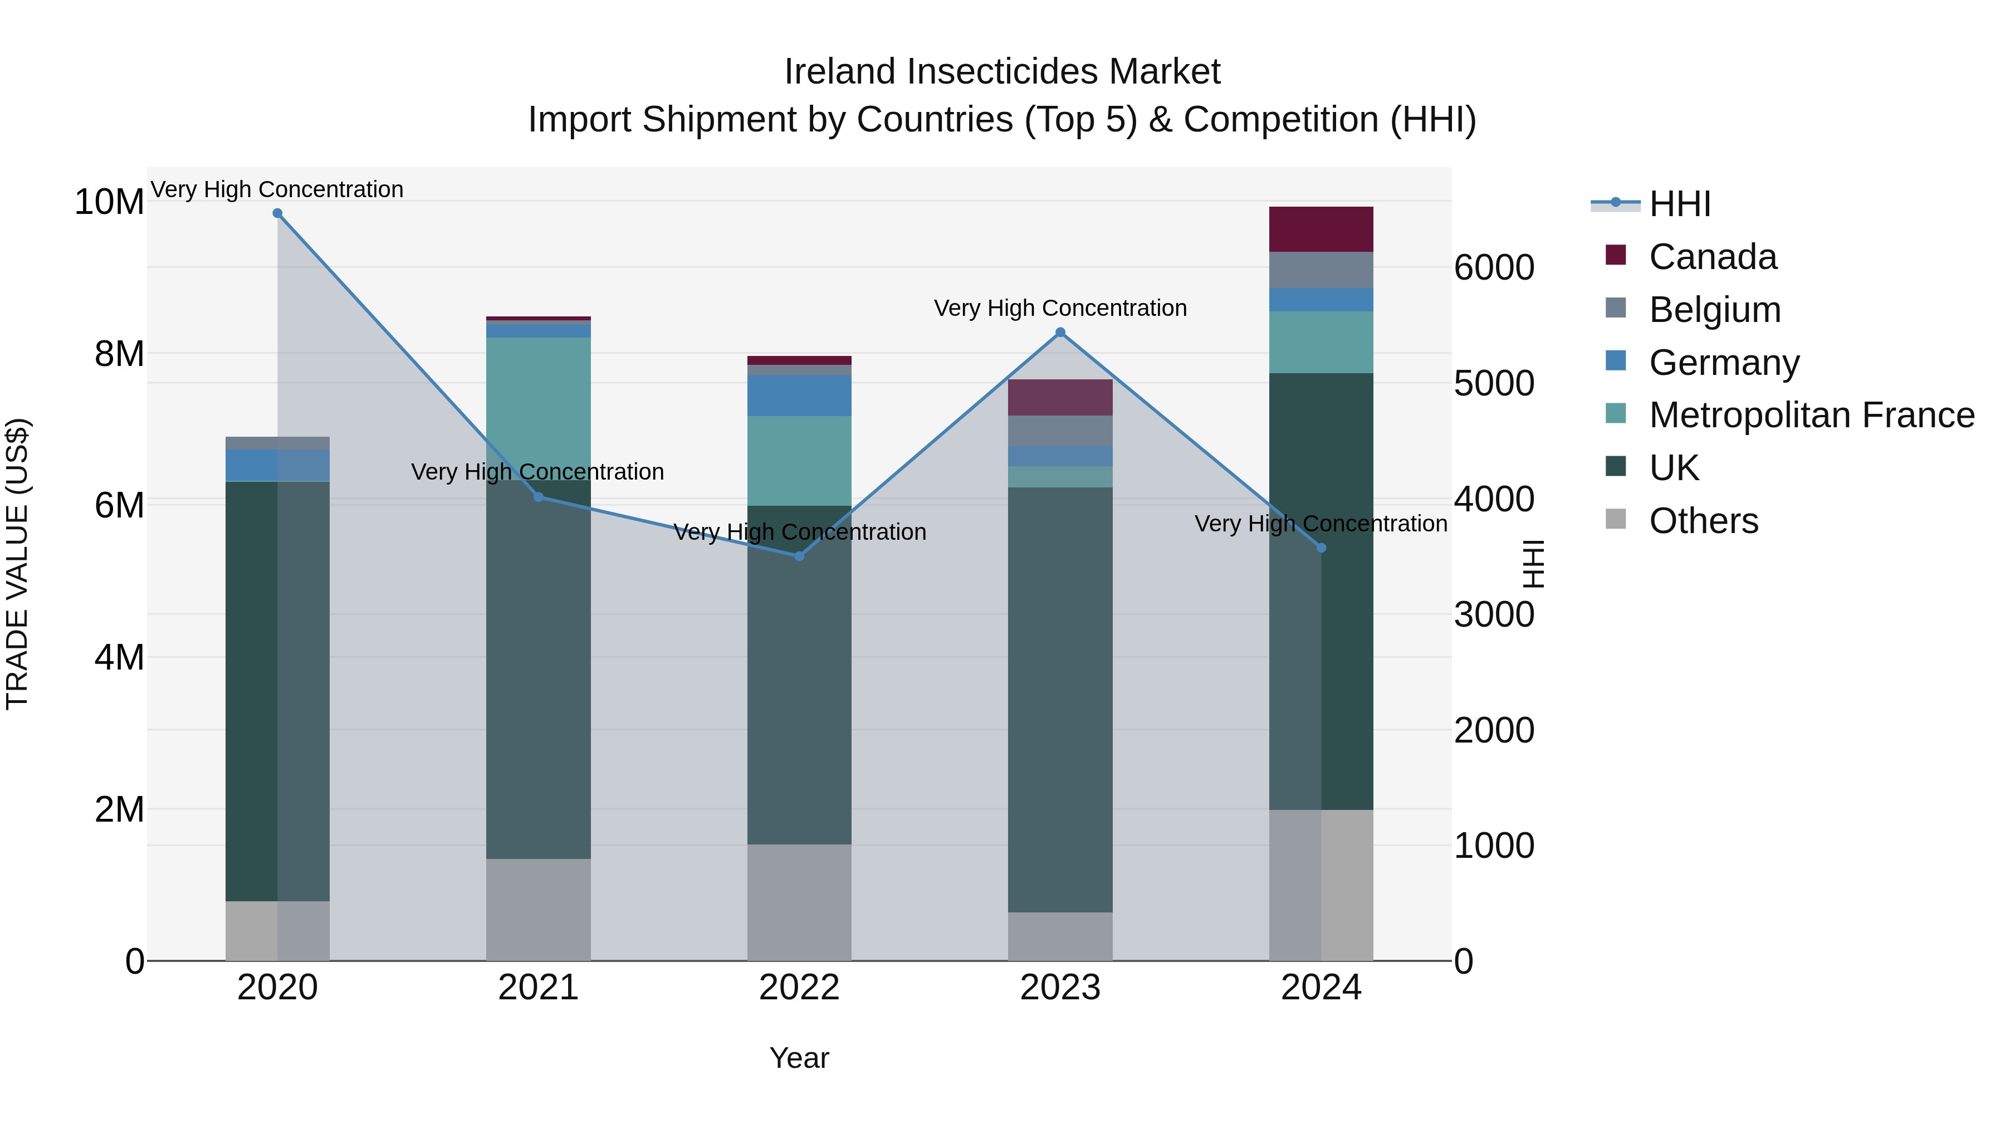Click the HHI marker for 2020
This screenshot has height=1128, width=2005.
(277, 213)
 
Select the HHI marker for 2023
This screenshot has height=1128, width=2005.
(1059, 333)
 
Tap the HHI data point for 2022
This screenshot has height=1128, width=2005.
(799, 556)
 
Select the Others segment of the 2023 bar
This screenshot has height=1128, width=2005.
(1059, 936)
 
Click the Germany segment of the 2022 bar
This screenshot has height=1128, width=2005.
(799, 395)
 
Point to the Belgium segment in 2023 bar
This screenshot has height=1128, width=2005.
(1059, 431)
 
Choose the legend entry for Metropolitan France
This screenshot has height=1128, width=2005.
(1811, 415)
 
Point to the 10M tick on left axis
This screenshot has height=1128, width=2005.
(109, 202)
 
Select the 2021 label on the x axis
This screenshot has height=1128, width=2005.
(538, 988)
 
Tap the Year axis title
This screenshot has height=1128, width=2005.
(799, 1058)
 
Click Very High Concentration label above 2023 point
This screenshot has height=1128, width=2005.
(1059, 308)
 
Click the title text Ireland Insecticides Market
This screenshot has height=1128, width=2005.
(1002, 72)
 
